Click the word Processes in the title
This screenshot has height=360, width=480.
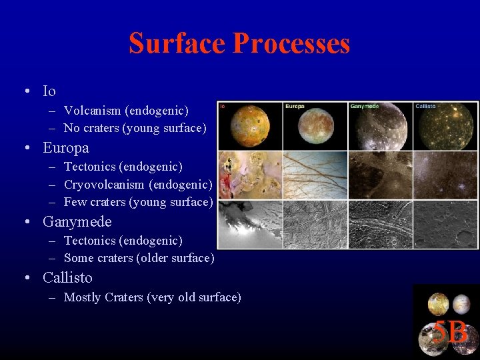(291, 43)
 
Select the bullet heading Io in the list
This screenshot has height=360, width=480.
(49, 91)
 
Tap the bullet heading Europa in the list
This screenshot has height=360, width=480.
(65, 147)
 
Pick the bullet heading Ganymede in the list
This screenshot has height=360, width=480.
(77, 221)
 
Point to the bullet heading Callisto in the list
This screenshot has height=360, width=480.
(67, 277)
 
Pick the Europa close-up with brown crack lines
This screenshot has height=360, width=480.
(315, 175)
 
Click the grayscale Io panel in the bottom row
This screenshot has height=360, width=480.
(249, 225)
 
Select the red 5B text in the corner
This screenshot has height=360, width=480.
(450, 331)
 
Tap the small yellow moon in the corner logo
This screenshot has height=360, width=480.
(438, 303)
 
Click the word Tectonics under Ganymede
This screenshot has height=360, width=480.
(94, 240)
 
